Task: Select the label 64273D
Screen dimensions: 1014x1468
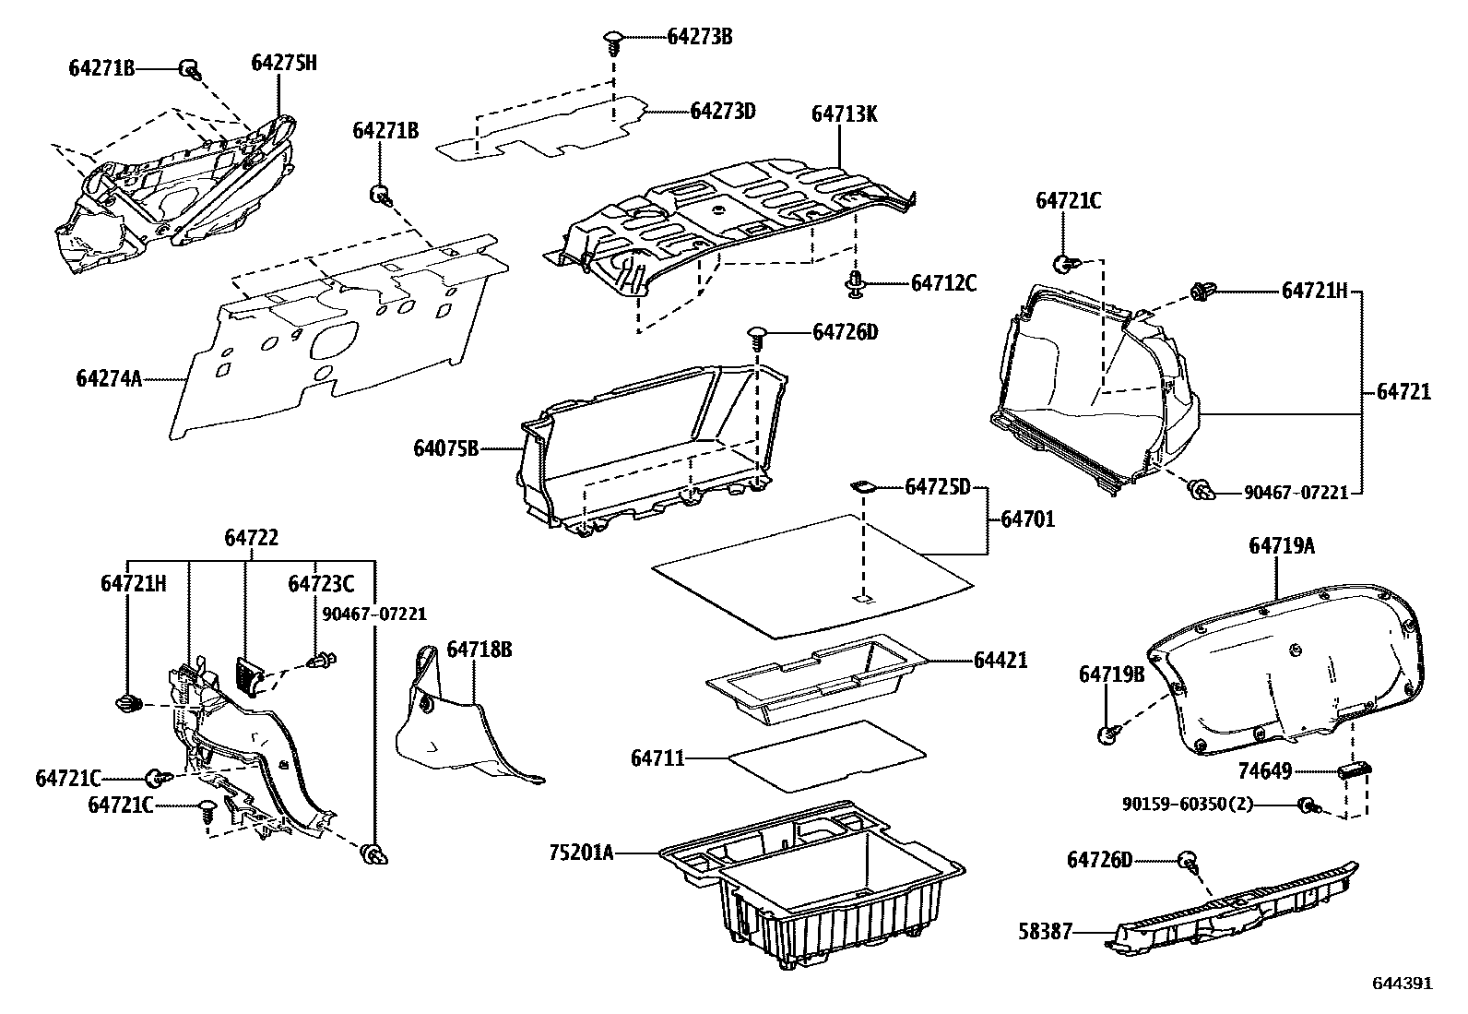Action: pos(723,111)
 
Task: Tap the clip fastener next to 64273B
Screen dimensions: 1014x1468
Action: pos(613,39)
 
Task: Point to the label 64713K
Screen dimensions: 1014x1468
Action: pos(844,114)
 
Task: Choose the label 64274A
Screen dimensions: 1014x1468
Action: pos(109,378)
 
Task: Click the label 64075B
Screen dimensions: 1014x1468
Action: pos(446,449)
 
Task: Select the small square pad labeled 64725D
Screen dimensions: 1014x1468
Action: pos(861,485)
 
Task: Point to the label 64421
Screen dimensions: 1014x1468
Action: pos(1000,661)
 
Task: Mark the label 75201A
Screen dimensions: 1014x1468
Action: pos(581,853)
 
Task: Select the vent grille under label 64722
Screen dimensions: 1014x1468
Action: pos(250,674)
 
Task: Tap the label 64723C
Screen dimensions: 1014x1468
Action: pos(321,584)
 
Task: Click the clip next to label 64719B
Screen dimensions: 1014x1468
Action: pos(1107,734)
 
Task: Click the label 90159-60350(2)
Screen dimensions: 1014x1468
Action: pos(1188,805)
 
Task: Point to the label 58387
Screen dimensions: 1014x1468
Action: pos(1047,932)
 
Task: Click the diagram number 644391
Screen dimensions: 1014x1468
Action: pos(1403,984)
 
